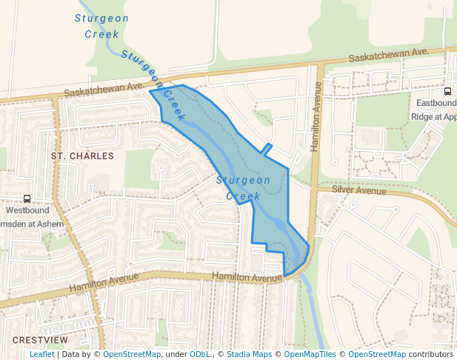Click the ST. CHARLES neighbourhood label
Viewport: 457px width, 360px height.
pyautogui.click(x=82, y=156)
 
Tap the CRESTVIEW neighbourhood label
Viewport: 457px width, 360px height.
pyautogui.click(x=40, y=340)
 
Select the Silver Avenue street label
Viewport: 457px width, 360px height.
pyautogui.click(x=359, y=190)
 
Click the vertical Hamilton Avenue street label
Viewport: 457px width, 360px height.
pyautogui.click(x=316, y=117)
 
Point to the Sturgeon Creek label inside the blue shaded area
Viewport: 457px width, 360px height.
pyautogui.click(x=243, y=188)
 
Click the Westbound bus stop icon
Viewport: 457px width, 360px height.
pyautogui.click(x=27, y=199)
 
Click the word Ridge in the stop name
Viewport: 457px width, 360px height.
pyautogui.click(x=421, y=116)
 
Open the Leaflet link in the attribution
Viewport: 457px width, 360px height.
pyautogui.click(x=42, y=355)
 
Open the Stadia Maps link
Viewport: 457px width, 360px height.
pyautogui.click(x=249, y=355)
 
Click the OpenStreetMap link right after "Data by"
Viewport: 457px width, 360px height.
pyautogui.click(x=132, y=355)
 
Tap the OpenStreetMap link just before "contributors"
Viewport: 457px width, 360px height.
pyautogui.click(x=377, y=355)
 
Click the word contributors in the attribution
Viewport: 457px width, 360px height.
pyautogui.click(x=431, y=355)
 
